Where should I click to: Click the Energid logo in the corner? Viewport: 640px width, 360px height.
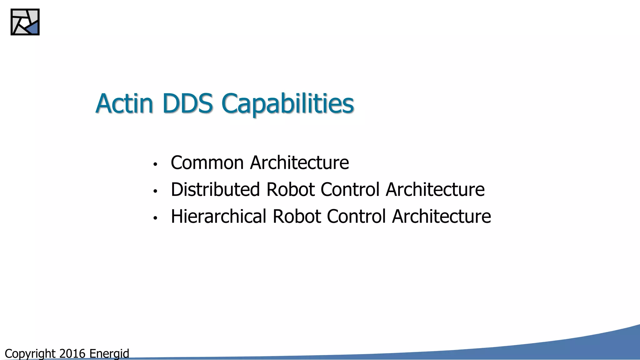[x=25, y=22]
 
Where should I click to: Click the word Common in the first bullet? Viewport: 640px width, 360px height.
[x=207, y=163]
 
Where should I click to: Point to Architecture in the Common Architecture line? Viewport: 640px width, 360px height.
[x=299, y=163]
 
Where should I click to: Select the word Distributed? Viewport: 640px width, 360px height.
[x=215, y=190]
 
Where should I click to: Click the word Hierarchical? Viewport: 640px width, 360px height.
[x=218, y=217]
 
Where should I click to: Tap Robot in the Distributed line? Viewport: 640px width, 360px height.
[x=290, y=190]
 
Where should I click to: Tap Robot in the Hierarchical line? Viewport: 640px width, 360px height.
[x=297, y=217]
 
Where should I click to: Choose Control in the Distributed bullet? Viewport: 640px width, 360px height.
[x=350, y=190]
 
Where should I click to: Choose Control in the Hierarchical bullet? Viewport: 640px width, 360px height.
[x=356, y=217]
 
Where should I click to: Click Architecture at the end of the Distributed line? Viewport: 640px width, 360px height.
[x=435, y=190]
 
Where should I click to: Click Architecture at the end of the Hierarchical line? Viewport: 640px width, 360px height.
[x=441, y=217]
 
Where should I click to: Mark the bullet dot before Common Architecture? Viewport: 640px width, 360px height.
[x=155, y=164]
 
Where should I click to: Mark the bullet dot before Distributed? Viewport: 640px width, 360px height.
[x=155, y=191]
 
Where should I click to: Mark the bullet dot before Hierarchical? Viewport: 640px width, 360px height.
[x=155, y=218]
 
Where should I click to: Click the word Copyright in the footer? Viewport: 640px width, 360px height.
[x=30, y=354]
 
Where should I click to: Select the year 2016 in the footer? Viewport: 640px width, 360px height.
[x=72, y=354]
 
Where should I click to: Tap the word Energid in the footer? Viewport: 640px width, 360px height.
[x=109, y=354]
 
